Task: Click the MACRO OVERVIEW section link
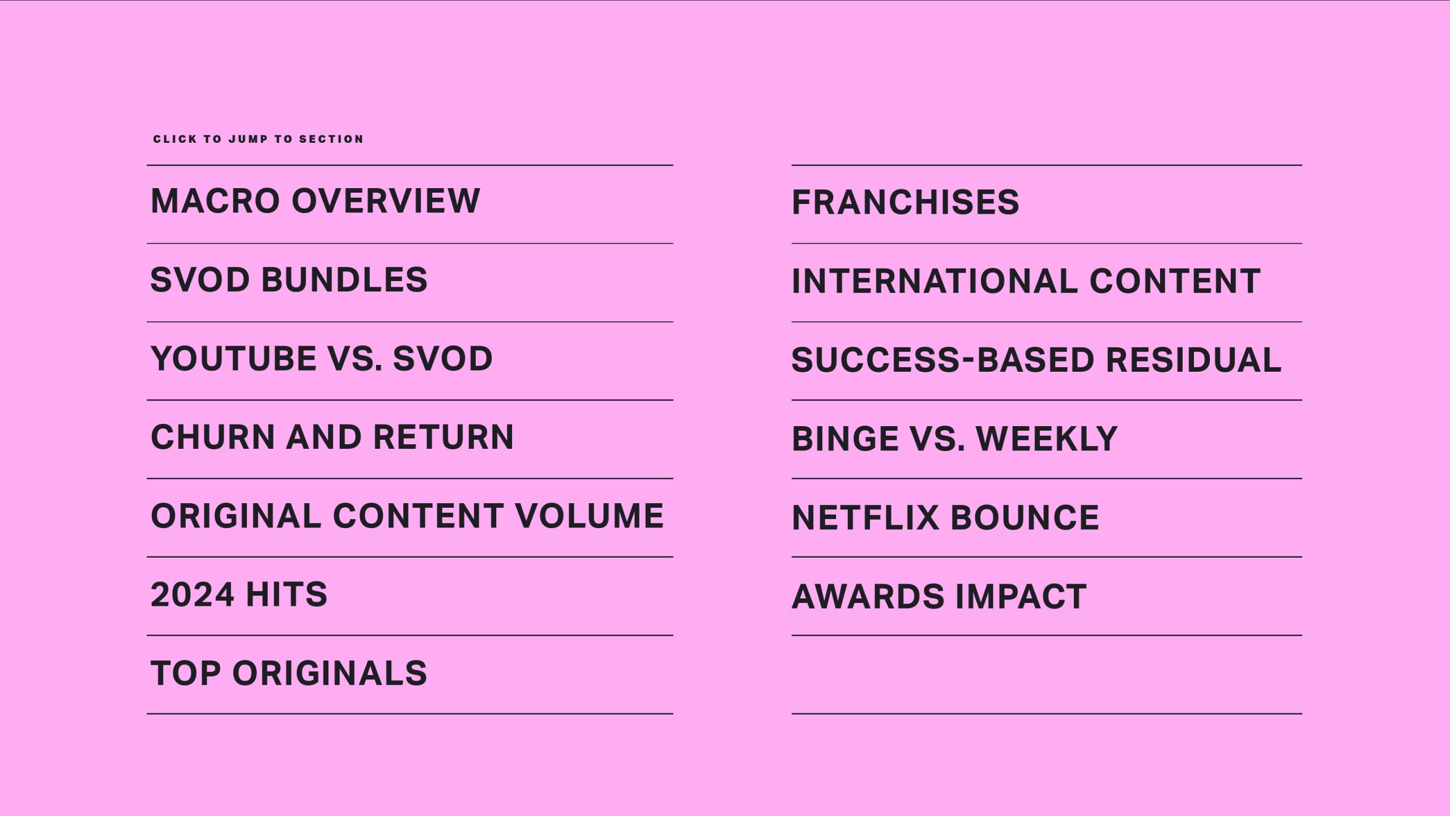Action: click(315, 201)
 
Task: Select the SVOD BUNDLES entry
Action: click(289, 279)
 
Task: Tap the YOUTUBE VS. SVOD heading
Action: click(322, 358)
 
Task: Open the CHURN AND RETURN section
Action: click(332, 437)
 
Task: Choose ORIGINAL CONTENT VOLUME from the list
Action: click(407, 516)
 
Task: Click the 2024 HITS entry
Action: click(239, 594)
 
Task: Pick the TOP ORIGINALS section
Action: click(289, 673)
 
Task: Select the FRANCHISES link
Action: click(905, 202)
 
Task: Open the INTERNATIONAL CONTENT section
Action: click(1026, 281)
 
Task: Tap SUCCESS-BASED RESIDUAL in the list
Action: click(1037, 360)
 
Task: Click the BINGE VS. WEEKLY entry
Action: click(954, 439)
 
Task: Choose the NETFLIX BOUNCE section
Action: click(945, 517)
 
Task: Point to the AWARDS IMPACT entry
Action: click(939, 596)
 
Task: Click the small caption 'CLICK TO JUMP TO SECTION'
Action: click(258, 139)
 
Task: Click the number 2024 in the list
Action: click(193, 594)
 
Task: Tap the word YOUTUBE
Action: click(233, 358)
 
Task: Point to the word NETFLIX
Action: click(865, 517)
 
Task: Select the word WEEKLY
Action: click(1047, 439)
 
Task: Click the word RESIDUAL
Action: click(1193, 360)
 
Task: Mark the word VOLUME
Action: click(589, 516)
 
